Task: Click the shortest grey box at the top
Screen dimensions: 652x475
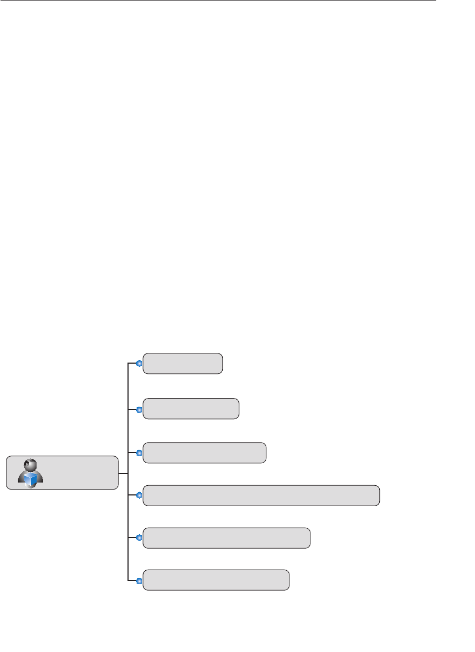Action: [183, 364]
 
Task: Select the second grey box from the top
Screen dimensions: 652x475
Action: [191, 409]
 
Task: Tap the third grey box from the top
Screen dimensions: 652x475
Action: [204, 453]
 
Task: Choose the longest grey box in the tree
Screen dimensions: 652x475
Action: [261, 495]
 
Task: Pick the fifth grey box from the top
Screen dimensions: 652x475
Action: [226, 538]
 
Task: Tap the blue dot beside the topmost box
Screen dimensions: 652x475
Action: [139, 364]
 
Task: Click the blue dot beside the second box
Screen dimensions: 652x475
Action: [139, 409]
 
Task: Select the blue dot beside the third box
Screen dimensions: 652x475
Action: [139, 453]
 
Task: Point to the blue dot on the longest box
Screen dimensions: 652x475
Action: [139, 495]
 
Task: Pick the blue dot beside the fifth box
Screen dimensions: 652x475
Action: [139, 538]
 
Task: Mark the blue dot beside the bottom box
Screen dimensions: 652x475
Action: [139, 580]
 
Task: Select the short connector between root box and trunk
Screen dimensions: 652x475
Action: [123, 473]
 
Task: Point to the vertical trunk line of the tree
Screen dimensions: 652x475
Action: [127, 430]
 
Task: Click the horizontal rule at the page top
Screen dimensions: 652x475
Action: [215, 1]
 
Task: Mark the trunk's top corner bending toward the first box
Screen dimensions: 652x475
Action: [128, 364]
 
